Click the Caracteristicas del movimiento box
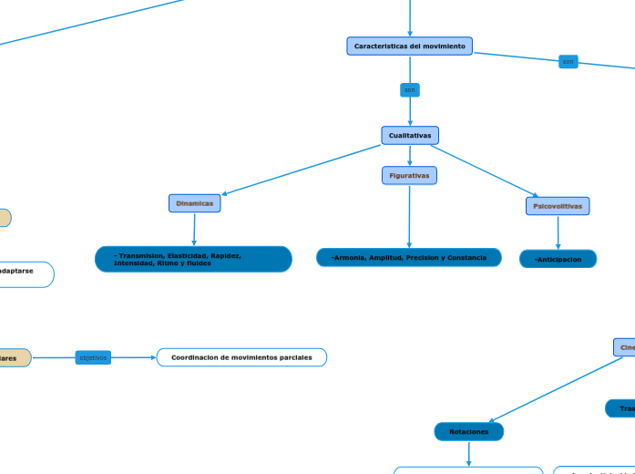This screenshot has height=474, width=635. click(409, 46)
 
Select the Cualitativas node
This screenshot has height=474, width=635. click(409, 136)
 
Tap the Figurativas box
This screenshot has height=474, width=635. click(409, 175)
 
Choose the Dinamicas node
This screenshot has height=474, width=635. click(194, 203)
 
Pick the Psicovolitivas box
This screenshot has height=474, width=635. click(558, 206)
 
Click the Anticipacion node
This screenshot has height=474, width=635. click(558, 259)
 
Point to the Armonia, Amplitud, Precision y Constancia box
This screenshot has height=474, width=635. click(409, 258)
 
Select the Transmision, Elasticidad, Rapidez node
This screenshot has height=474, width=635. click(193, 259)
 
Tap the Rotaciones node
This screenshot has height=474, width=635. click(468, 431)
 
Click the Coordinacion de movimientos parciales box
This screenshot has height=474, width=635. click(241, 357)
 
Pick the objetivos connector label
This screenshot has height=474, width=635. click(93, 358)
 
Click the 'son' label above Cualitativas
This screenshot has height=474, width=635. click(410, 90)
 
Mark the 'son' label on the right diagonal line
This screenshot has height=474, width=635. click(568, 62)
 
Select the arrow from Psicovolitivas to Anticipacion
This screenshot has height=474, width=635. click(558, 232)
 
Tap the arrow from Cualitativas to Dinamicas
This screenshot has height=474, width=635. click(301, 170)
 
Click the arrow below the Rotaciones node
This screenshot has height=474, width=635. click(468, 453)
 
